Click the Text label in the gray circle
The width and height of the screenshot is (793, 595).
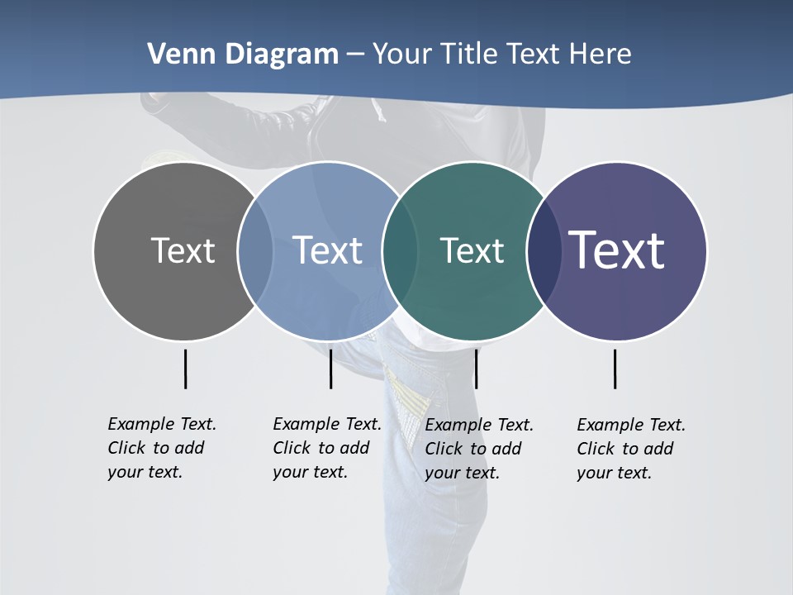(183, 250)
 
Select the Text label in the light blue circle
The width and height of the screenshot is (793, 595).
(327, 250)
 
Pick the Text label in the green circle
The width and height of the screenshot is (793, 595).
(472, 250)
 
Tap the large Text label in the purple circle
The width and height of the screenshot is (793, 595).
(616, 250)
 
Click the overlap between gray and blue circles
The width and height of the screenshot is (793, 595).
(255, 251)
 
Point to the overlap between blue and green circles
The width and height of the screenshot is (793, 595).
(399, 251)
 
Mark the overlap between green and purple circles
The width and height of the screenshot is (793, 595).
(541, 251)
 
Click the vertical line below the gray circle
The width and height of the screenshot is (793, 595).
(185, 369)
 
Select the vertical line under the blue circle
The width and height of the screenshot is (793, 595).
(330, 369)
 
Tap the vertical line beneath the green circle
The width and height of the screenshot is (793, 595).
(476, 369)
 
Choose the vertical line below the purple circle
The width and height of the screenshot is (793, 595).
(615, 369)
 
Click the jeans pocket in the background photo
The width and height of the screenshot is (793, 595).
(409, 397)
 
